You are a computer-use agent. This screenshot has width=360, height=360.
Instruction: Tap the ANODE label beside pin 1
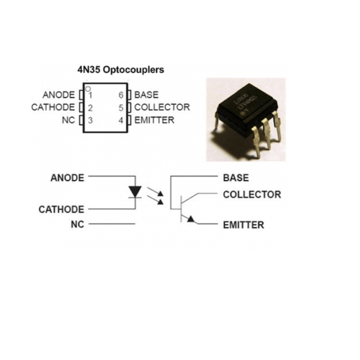point(59,95)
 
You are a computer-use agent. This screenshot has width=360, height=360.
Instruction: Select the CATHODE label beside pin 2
point(53,107)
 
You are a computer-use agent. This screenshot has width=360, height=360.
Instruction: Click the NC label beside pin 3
point(68,120)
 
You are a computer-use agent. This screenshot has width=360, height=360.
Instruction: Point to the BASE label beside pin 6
point(146,95)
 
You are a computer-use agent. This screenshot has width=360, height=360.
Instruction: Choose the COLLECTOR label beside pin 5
point(162,107)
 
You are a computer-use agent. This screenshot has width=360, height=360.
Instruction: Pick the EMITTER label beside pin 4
point(154,120)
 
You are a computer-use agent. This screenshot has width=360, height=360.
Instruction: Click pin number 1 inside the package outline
point(90,95)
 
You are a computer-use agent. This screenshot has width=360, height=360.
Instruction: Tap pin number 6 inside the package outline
point(121,95)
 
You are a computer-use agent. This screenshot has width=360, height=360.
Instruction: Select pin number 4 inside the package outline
point(121,120)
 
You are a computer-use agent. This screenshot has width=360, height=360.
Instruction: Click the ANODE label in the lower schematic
point(67,178)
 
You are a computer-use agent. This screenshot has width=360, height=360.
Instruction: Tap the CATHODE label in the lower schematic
point(61,209)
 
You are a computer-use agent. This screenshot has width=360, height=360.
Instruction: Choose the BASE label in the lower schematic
point(235,178)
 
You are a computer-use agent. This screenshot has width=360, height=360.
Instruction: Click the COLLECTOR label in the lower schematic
point(251,194)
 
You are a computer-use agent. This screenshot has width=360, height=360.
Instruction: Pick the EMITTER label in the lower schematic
point(243,225)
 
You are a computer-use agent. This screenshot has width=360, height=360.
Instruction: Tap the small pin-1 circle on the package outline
point(88,88)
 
